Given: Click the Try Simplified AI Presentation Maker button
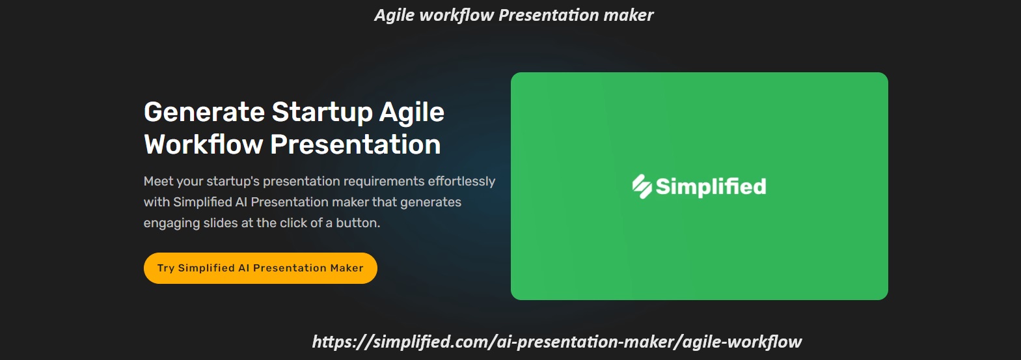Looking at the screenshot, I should tap(260, 268).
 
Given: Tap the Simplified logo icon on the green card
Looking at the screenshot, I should tap(642, 186).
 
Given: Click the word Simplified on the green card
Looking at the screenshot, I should tap(711, 187).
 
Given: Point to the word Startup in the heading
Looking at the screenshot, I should tap(322, 112).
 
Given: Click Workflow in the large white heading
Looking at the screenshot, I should tap(204, 145).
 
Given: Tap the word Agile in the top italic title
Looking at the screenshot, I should tap(394, 15).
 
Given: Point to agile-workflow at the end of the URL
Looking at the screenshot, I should tap(742, 342).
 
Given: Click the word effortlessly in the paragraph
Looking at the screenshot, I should tap(461, 181).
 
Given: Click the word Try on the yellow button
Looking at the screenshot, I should tap(166, 268).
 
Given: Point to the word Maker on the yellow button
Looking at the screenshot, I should tap(346, 268).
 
